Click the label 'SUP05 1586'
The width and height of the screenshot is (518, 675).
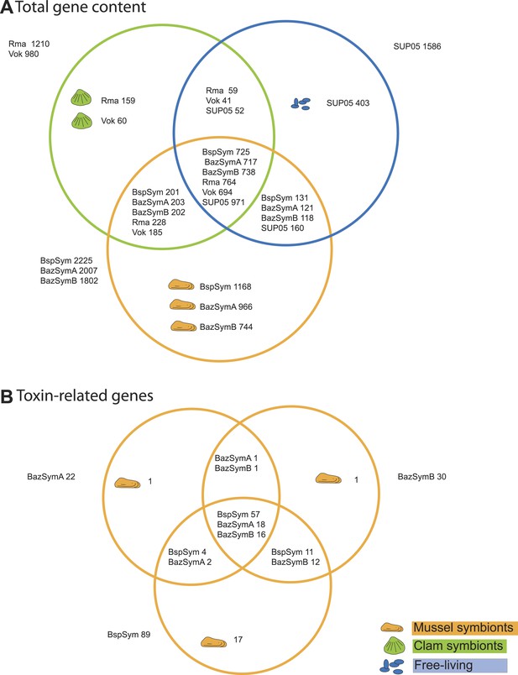pyautogui.click(x=416, y=46)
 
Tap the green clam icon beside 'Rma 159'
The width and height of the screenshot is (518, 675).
pyautogui.click(x=81, y=97)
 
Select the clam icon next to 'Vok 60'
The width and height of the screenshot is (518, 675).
pyautogui.click(x=81, y=121)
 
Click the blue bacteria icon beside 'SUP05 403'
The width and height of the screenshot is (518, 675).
pyautogui.click(x=301, y=104)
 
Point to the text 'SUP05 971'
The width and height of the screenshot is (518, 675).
pyautogui.click(x=223, y=202)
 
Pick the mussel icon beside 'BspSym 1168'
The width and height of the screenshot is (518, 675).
pyautogui.click(x=181, y=285)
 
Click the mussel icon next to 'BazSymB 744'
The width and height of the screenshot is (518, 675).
pyautogui.click(x=183, y=326)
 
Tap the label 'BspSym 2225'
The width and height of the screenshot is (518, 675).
pyautogui.click(x=66, y=260)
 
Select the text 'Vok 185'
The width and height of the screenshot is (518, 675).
pyautogui.click(x=147, y=233)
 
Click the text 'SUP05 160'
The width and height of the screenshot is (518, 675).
pyautogui.click(x=282, y=228)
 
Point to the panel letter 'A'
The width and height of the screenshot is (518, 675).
pyautogui.click(x=7, y=8)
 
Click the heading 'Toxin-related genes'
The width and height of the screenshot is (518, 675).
pyautogui.click(x=85, y=395)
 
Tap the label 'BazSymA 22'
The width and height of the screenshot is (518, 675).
pyautogui.click(x=51, y=477)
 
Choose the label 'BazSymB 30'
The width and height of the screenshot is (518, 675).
pyautogui.click(x=421, y=477)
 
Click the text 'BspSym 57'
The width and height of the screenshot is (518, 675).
pyautogui.click(x=238, y=515)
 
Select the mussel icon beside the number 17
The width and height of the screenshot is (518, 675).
pyautogui.click(x=213, y=642)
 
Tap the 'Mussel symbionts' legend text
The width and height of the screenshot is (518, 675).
pyautogui.click(x=463, y=628)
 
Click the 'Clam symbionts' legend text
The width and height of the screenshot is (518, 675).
pyautogui.click(x=458, y=646)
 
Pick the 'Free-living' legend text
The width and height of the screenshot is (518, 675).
pyautogui.click(x=443, y=665)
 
